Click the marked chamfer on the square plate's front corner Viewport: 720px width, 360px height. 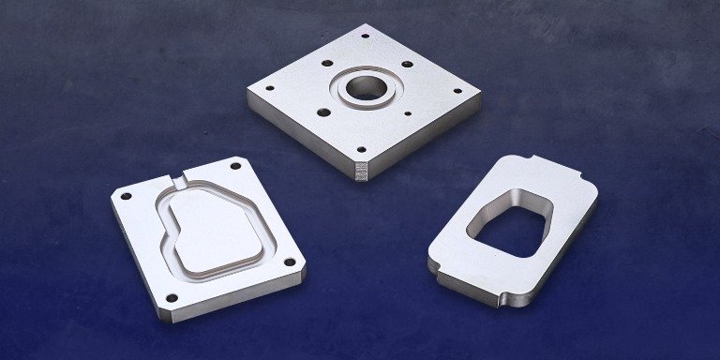tap(361, 171)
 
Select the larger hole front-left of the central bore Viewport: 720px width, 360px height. tap(322, 113)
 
